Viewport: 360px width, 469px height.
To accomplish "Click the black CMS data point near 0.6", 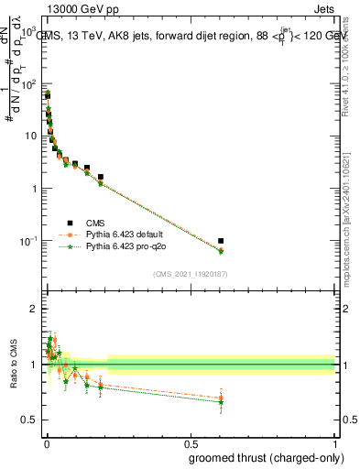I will pos(222,241).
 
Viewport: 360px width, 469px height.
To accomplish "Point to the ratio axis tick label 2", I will pos(35,310).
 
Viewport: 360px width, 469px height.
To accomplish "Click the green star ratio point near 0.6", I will pos(222,402).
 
